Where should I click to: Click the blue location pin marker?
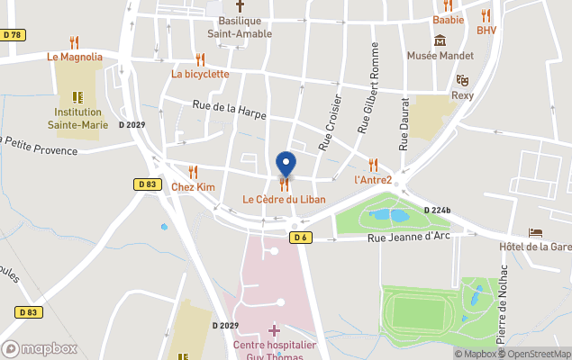tap(286, 165)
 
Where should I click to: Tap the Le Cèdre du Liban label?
tap(284, 198)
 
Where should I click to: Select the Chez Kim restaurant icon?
tap(193, 172)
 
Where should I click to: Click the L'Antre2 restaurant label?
tap(373, 179)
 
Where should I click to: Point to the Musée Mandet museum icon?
tap(440, 40)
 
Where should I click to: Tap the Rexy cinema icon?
tap(462, 81)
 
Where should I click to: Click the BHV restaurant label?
tap(486, 30)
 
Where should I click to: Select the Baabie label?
tap(448, 19)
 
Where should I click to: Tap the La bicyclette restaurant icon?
tap(200, 59)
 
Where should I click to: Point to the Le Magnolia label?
tap(75, 56)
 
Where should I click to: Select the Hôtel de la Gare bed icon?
tap(535, 232)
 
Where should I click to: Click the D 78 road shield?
tap(12, 35)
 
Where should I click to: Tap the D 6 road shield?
tap(301, 238)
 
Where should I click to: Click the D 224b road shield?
tap(437, 210)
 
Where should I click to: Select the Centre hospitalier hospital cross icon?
tap(274, 331)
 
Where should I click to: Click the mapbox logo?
tap(40, 348)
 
